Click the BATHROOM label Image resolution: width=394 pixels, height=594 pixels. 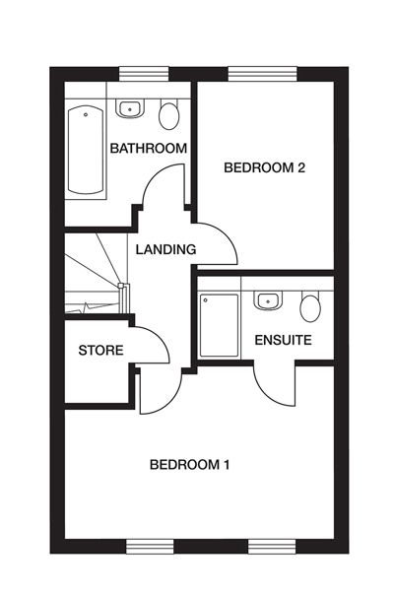148,149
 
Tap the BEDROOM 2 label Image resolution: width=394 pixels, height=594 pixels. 264,167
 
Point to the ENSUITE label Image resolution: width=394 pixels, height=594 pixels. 283,340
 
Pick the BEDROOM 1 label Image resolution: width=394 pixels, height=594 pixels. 189,464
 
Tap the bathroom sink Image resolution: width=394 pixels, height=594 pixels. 130,108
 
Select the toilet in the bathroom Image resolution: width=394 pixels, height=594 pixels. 169,115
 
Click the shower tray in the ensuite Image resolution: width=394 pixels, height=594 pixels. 219,325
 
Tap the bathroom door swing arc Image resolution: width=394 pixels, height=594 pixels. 163,187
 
